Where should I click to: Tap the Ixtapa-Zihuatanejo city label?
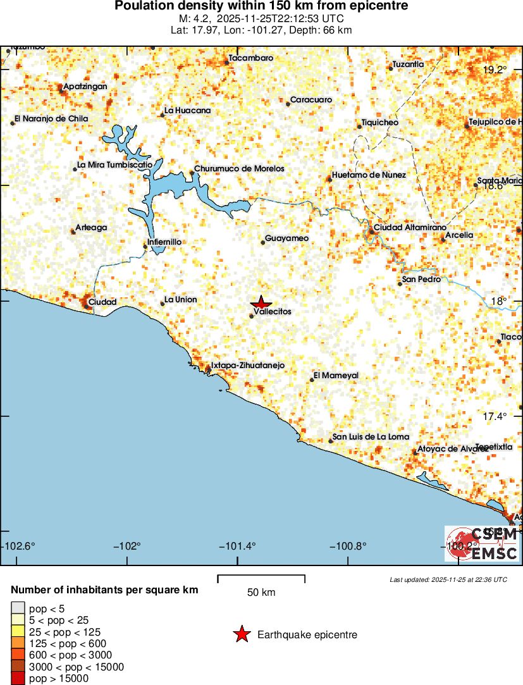247,366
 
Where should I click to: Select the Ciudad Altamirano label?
410,227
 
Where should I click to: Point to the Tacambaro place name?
251,58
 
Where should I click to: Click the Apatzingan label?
85,87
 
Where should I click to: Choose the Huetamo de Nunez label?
369,175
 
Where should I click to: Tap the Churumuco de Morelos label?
239,169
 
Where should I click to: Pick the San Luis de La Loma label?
371,437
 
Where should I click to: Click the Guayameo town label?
287,238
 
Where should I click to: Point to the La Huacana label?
188,111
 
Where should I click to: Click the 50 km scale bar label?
261,593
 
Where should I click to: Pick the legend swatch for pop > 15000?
18,679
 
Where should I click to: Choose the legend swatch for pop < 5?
18,608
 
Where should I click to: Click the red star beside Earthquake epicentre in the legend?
241,634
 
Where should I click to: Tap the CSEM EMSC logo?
482,543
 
